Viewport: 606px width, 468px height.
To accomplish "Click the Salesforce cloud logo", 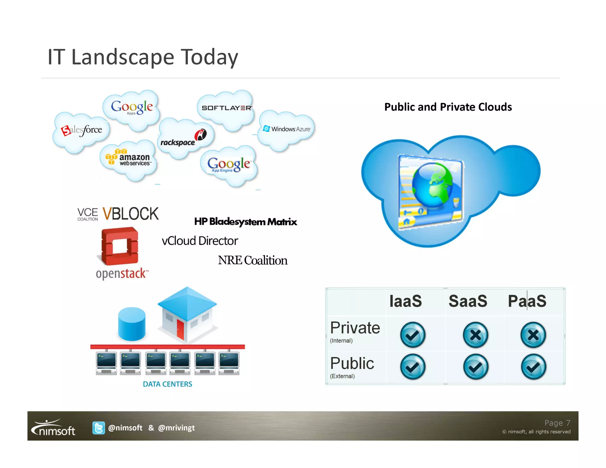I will tap(82, 130).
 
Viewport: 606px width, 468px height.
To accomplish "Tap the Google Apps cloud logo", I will tap(132, 107).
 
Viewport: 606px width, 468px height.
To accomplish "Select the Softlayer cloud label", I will tap(227, 108).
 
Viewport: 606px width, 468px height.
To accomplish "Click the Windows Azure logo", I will tap(286, 129).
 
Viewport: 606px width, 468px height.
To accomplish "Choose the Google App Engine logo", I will tap(228, 164).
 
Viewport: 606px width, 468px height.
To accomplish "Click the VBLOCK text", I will tap(130, 214).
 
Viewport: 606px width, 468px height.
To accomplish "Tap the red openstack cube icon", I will tap(120, 246).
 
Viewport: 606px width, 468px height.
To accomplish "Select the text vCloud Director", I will tap(200, 241).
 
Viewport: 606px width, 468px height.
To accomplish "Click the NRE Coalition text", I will tap(252, 260).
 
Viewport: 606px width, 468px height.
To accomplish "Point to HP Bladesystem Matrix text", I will tap(245, 222).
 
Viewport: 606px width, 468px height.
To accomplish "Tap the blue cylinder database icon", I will tap(131, 324).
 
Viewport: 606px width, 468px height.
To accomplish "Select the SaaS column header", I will tap(468, 301).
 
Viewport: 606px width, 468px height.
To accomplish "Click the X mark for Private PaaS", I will tap(533, 335).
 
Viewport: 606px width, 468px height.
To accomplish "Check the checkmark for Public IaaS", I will tap(412, 367).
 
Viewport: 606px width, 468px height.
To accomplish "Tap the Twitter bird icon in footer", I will tap(99, 428).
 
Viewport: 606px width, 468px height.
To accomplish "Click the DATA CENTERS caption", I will tap(167, 384).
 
